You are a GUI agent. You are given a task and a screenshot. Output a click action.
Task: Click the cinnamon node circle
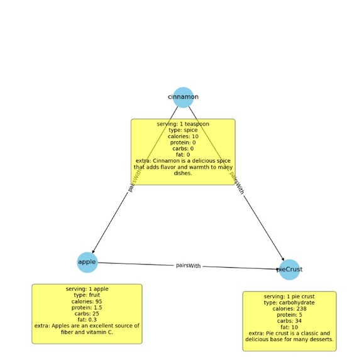183,97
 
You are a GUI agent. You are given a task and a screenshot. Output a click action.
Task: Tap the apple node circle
87,262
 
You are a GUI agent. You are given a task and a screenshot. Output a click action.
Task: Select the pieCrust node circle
289,270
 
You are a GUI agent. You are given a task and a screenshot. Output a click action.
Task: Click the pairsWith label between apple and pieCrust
188,266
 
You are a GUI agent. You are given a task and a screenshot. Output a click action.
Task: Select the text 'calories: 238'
289,308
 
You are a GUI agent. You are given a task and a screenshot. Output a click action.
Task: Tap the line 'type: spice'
183,130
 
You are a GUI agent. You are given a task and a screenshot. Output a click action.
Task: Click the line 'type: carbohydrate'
289,302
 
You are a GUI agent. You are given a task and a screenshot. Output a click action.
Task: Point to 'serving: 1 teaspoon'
183,124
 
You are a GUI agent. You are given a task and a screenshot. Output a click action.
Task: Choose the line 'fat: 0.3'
87,319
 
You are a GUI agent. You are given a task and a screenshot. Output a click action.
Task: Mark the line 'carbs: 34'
289,320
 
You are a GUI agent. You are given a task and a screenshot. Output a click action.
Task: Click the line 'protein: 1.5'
87,307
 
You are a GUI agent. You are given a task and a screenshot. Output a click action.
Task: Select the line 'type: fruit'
87,295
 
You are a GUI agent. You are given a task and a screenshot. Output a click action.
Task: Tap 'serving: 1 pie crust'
289,296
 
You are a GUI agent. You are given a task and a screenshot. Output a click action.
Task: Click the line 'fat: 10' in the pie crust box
289,327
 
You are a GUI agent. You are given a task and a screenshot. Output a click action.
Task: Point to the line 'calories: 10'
183,136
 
